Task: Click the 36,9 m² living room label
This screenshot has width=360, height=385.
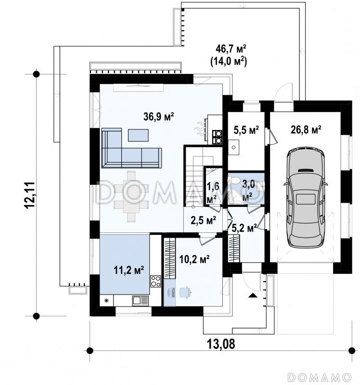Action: pyautogui.click(x=159, y=116)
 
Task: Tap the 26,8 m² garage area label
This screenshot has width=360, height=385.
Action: pyautogui.click(x=306, y=129)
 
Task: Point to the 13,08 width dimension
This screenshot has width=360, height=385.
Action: pyautogui.click(x=221, y=344)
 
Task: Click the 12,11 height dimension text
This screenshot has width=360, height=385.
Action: pyautogui.click(x=30, y=195)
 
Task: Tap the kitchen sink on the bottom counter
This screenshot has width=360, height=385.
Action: pyautogui.click(x=140, y=300)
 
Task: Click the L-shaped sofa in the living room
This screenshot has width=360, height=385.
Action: pyautogui.click(x=131, y=148)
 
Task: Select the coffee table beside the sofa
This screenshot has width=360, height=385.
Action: pyautogui.click(x=138, y=135)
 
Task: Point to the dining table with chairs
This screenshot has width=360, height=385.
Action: pyautogui.click(x=131, y=196)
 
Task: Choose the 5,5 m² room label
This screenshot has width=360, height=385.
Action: pyautogui.click(x=246, y=130)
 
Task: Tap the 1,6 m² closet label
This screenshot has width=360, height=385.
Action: pyautogui.click(x=212, y=193)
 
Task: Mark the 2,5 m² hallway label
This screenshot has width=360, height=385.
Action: pyautogui.click(x=203, y=220)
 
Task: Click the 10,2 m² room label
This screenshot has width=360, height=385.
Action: pyautogui.click(x=194, y=259)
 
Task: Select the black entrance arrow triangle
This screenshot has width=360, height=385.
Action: pyautogui.click(x=253, y=295)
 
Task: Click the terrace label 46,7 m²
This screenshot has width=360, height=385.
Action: pyautogui.click(x=231, y=49)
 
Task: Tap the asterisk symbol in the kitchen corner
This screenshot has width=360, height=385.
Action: pyautogui.click(x=106, y=300)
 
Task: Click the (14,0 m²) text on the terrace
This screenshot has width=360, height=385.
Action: pyautogui.click(x=229, y=61)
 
